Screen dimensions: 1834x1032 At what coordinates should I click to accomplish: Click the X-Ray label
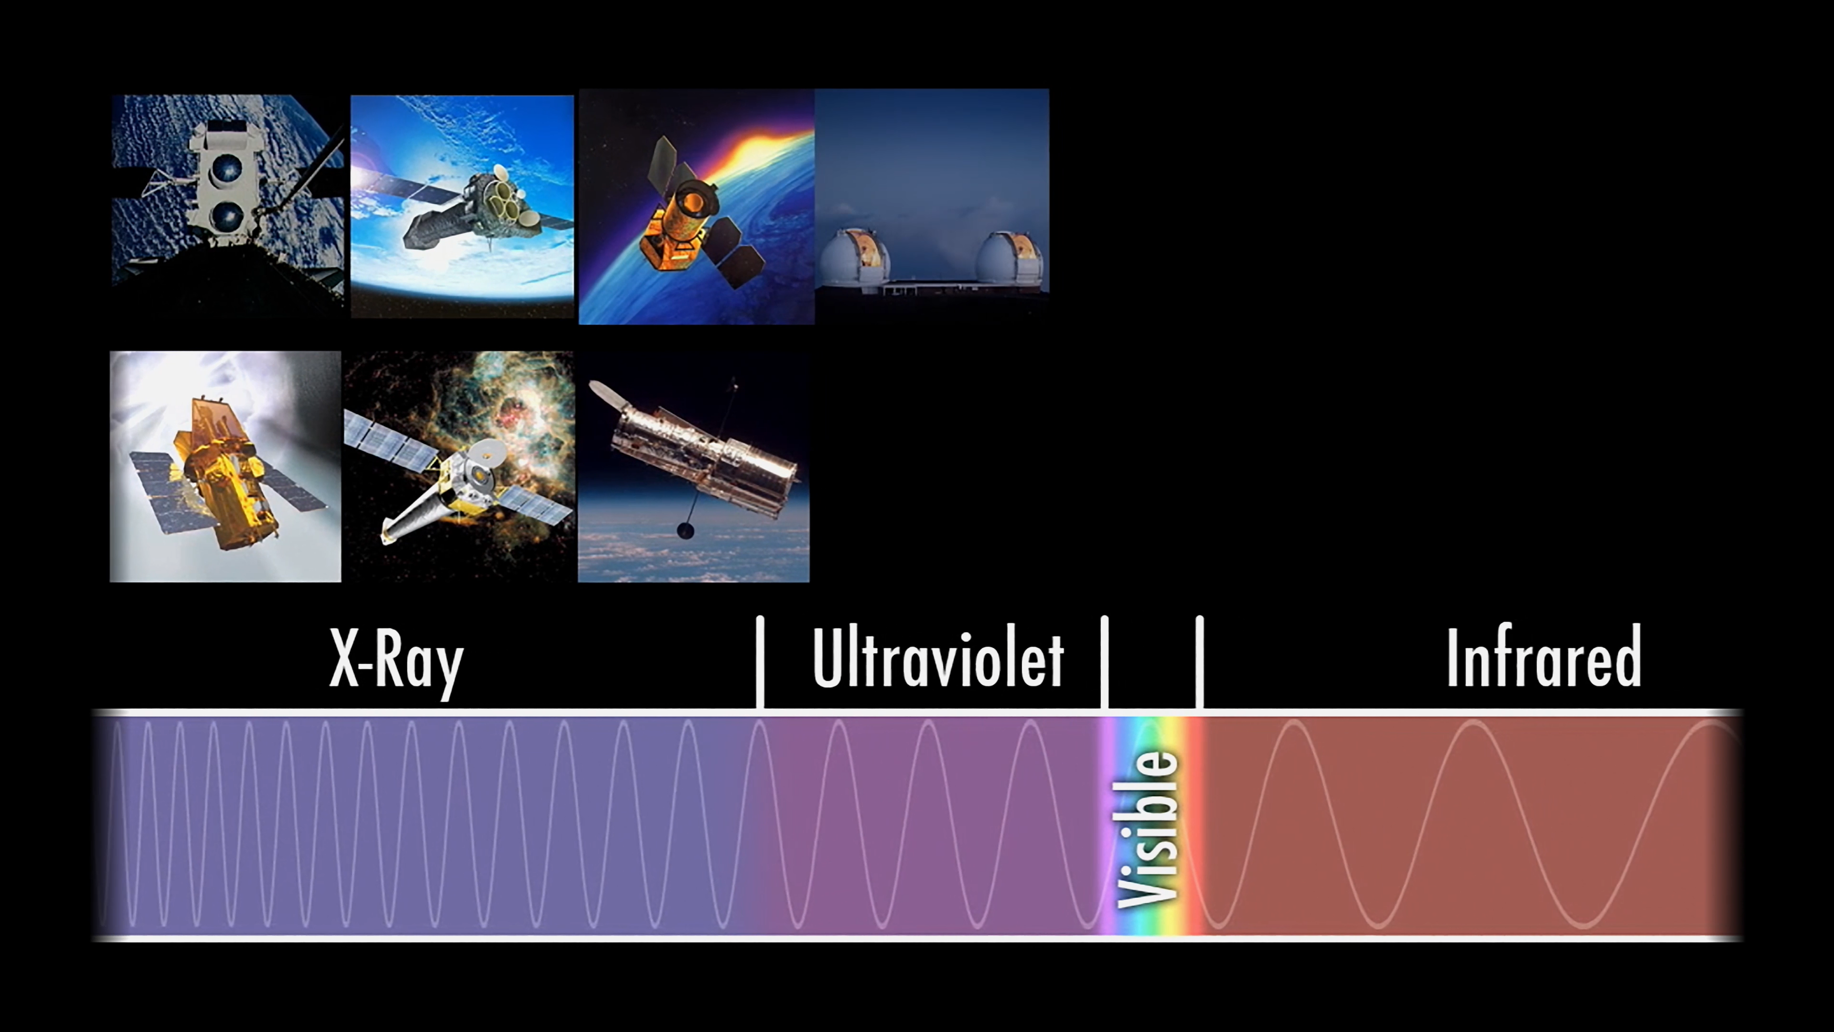pyautogui.click(x=396, y=659)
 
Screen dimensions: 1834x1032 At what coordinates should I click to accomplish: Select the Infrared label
pyautogui.click(x=1544, y=656)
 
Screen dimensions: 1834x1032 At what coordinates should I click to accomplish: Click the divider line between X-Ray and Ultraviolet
pyautogui.click(x=760, y=662)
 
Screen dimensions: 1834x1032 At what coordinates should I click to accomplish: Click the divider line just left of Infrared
pyautogui.click(x=1200, y=662)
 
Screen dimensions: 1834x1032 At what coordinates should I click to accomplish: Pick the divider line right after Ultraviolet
pyautogui.click(x=1104, y=662)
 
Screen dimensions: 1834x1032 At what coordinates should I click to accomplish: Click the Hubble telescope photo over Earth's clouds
pyautogui.click(x=693, y=466)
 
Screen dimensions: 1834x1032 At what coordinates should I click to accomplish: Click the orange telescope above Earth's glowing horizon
pyautogui.click(x=694, y=214)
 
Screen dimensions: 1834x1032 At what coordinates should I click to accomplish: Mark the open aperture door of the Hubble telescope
pyautogui.click(x=605, y=392)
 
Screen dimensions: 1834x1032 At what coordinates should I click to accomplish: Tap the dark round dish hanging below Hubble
pyautogui.click(x=685, y=531)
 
